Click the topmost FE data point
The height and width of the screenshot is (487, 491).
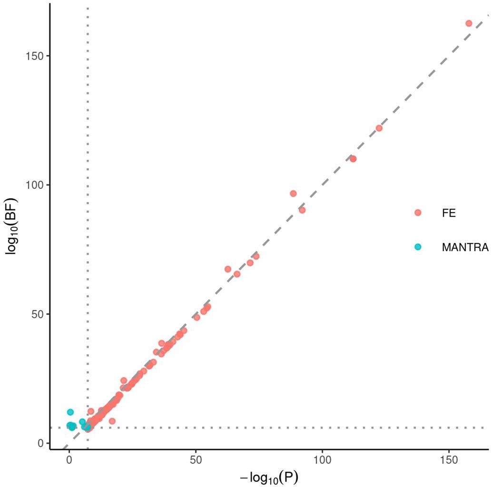tap(469, 23)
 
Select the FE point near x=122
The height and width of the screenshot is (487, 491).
tap(379, 128)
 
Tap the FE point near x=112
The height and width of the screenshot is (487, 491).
tap(353, 159)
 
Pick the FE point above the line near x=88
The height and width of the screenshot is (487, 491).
tap(293, 194)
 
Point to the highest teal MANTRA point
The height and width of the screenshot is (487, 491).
tap(70, 412)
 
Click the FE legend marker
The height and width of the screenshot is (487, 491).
tap(418, 213)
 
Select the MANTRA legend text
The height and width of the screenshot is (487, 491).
tap(465, 247)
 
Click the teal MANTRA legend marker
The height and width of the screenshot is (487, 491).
tap(418, 247)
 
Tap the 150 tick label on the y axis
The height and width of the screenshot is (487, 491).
tap(35, 56)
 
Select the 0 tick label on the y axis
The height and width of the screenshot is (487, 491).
tap(40, 443)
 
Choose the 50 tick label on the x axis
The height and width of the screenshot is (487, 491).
tap(196, 461)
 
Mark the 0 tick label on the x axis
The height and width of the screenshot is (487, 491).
tap(69, 461)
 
